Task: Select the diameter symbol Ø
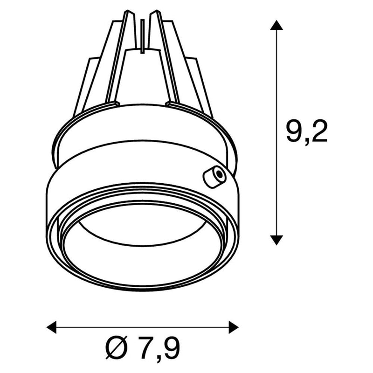115,348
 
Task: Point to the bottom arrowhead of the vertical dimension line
277,240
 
